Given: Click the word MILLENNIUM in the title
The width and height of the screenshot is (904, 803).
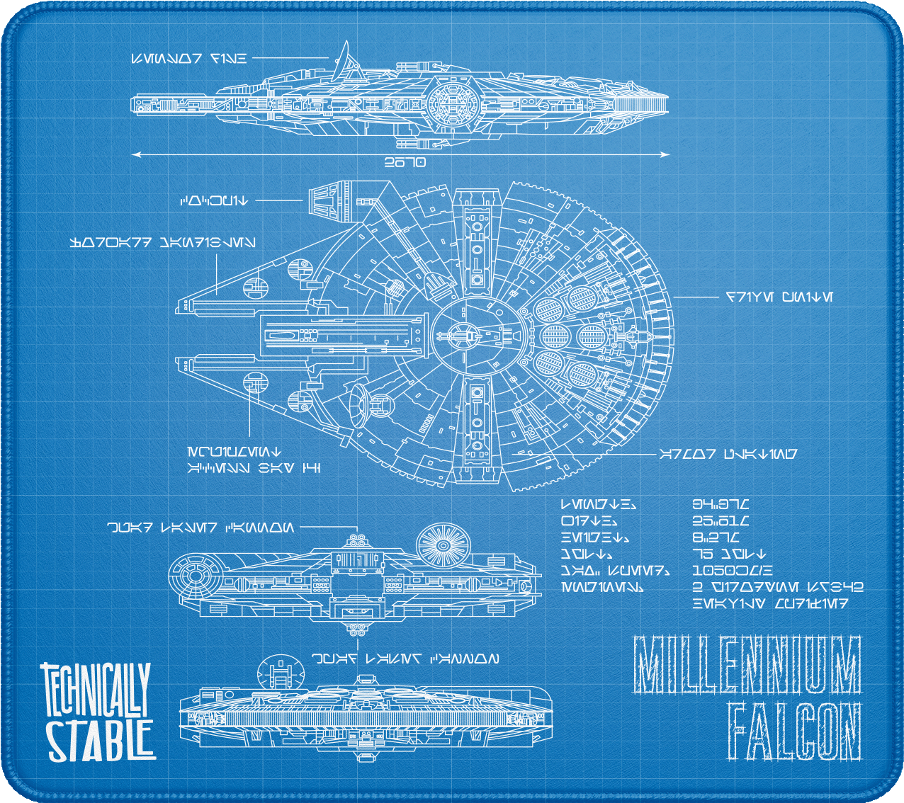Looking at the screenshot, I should (x=747, y=665).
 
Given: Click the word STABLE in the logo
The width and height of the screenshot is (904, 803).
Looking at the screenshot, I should (x=101, y=740).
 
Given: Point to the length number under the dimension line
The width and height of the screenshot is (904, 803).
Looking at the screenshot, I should (x=405, y=163).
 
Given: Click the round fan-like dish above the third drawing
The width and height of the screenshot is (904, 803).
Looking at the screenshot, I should (x=443, y=546).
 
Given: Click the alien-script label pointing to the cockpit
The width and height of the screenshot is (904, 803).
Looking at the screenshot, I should (x=215, y=201).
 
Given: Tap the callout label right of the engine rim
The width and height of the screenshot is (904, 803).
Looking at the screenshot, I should (x=779, y=297).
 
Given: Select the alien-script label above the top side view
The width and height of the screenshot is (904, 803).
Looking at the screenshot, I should (x=189, y=59).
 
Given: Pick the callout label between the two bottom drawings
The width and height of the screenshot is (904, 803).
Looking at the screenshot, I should (x=405, y=659).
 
